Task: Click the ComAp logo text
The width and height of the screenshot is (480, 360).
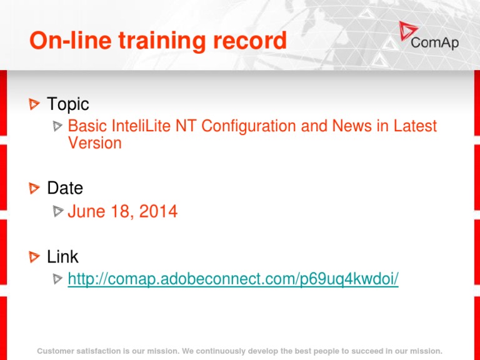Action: click(435, 42)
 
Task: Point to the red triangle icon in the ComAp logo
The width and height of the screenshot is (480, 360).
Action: click(407, 30)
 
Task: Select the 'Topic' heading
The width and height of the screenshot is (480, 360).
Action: click(68, 104)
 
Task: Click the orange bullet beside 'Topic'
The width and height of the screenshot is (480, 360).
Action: click(34, 104)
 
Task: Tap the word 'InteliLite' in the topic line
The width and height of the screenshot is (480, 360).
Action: click(141, 126)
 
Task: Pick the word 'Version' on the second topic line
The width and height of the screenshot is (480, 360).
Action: click(94, 143)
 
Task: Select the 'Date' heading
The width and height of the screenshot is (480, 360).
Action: click(65, 187)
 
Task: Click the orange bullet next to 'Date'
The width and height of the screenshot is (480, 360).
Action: click(34, 188)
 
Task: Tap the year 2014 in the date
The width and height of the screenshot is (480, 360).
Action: click(158, 211)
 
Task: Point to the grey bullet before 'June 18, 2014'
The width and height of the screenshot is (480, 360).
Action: click(58, 211)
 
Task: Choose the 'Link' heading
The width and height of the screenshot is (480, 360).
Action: click(62, 256)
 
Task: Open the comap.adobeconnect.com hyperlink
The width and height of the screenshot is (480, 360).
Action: click(233, 279)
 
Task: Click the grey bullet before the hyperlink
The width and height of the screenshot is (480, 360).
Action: click(57, 279)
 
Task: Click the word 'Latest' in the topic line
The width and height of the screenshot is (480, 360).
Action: click(415, 126)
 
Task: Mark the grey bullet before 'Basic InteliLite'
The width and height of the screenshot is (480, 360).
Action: click(57, 126)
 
